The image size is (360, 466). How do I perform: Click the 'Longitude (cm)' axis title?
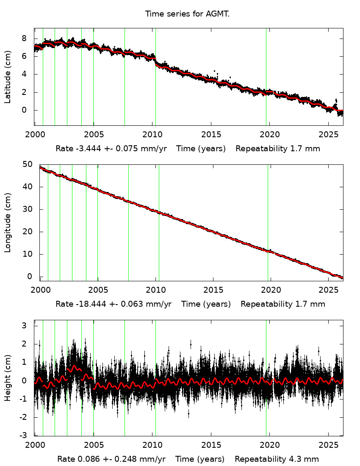[x=8, y=222]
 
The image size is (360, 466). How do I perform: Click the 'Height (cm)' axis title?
[x=8, y=378]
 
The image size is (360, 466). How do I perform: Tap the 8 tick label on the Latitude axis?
[x=25, y=38]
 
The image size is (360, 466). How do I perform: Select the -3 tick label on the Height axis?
[x=24, y=435]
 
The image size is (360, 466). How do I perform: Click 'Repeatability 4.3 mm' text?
[x=277, y=459]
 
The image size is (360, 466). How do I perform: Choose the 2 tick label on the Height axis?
[x=24, y=344]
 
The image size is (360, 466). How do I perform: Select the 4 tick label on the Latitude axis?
[x=25, y=74]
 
